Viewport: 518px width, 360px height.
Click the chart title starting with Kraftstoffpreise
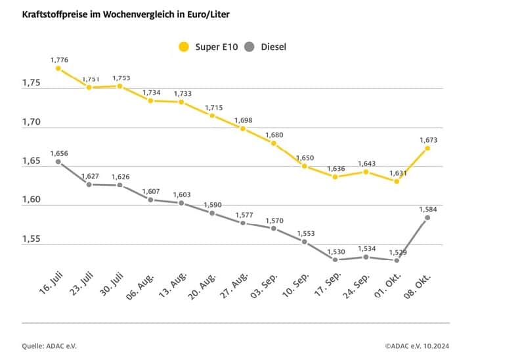click(129, 13)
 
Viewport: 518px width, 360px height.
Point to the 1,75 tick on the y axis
click(32, 83)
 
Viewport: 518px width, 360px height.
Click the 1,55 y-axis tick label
click(32, 239)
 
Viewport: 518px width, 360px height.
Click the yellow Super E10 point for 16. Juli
click(58, 68)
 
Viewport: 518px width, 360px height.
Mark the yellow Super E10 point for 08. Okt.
click(427, 148)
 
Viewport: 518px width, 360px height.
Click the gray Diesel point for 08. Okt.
click(427, 217)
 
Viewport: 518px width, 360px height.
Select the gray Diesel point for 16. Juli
click(58, 162)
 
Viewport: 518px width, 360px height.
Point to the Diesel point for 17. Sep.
click(335, 259)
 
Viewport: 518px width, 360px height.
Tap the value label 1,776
click(59, 59)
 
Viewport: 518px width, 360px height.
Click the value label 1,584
click(427, 209)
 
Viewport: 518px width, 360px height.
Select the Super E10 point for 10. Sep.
click(305, 166)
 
